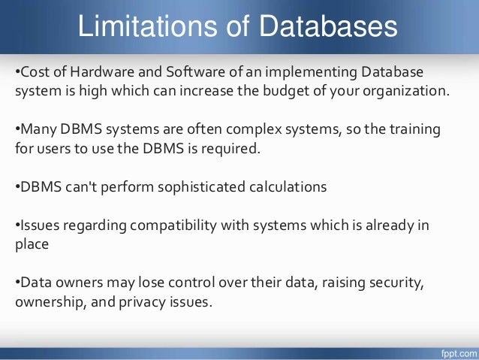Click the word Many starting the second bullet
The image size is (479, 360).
tap(37, 129)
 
